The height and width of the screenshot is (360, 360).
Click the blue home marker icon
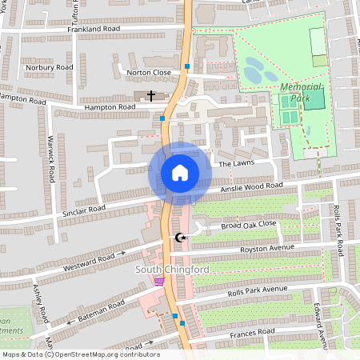[x=179, y=172]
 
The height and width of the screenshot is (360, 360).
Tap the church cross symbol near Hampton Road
[x=151, y=96]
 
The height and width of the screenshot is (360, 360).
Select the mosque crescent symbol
[x=180, y=238]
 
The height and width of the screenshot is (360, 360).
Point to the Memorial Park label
[x=301, y=92]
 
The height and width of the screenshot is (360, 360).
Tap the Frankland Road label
[x=94, y=29]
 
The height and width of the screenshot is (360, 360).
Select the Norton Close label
[x=149, y=72]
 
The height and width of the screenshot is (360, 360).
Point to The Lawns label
[x=235, y=163]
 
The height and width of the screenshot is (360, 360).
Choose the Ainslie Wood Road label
[x=251, y=188]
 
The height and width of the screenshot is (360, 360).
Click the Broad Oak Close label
[x=249, y=225]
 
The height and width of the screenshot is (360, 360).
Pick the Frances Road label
[x=252, y=332]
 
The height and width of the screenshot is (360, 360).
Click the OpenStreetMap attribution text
[x=80, y=354]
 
